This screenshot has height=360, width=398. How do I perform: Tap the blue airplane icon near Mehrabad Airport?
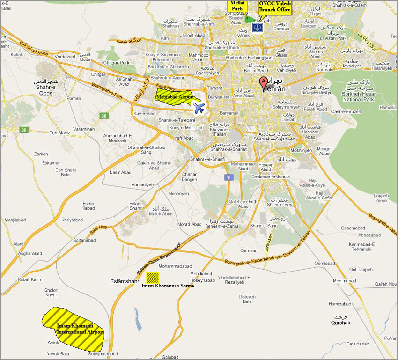(199, 109)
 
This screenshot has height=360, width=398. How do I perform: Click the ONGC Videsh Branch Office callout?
(275, 7)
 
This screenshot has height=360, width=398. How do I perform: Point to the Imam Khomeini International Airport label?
(80, 328)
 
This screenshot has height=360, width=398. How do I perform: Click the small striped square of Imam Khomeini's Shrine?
(153, 277)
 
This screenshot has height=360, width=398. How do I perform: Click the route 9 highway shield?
(228, 177)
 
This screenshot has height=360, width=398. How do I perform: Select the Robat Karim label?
(30, 279)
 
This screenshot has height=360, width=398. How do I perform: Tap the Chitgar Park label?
(117, 62)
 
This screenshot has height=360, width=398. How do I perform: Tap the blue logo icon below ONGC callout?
(257, 28)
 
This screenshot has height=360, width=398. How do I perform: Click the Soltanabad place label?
(84, 240)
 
